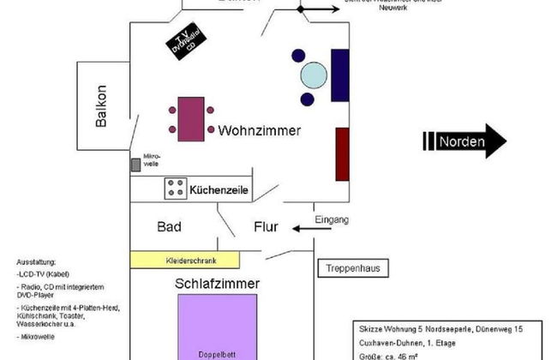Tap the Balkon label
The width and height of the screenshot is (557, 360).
[101, 106]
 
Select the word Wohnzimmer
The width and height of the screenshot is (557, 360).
[259, 132]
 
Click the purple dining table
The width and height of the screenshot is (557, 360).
[189, 118]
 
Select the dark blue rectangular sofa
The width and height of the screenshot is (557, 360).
[339, 75]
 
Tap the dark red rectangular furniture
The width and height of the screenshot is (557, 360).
[342, 153]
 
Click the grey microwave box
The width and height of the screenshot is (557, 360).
[135, 164]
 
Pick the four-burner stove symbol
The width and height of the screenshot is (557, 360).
[176, 188]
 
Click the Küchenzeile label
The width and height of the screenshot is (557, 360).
[219, 189]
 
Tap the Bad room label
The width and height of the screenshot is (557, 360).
[169, 227]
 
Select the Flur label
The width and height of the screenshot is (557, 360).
[264, 227]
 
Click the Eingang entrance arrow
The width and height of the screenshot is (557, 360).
[303, 229]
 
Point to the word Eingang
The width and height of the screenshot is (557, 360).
[332, 219]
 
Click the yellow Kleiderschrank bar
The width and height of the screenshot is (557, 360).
[185, 259]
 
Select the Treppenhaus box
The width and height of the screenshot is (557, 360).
[353, 268]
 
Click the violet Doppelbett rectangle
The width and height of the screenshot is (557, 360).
[217, 326]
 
